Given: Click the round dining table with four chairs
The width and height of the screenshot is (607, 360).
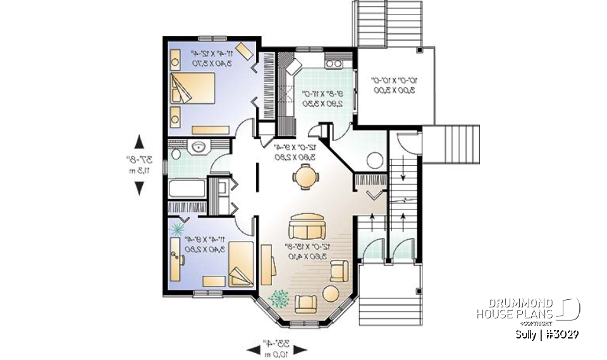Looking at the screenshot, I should pyautogui.click(x=305, y=177).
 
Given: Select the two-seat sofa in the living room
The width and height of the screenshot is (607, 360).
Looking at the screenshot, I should pyautogui.click(x=307, y=226).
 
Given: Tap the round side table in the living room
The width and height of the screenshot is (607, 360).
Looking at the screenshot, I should pyautogui.click(x=331, y=294).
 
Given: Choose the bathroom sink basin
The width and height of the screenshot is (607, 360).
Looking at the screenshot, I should pyautogui.click(x=198, y=148).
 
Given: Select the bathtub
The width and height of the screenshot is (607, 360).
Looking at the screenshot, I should pyautogui.click(x=187, y=188).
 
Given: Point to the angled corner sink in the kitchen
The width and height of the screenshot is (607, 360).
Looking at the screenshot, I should pyautogui.click(x=293, y=66).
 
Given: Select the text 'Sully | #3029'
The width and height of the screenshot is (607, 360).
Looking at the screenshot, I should pyautogui.click(x=548, y=334).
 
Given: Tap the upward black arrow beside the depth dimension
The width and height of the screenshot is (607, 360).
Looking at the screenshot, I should pyautogui.click(x=139, y=142).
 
